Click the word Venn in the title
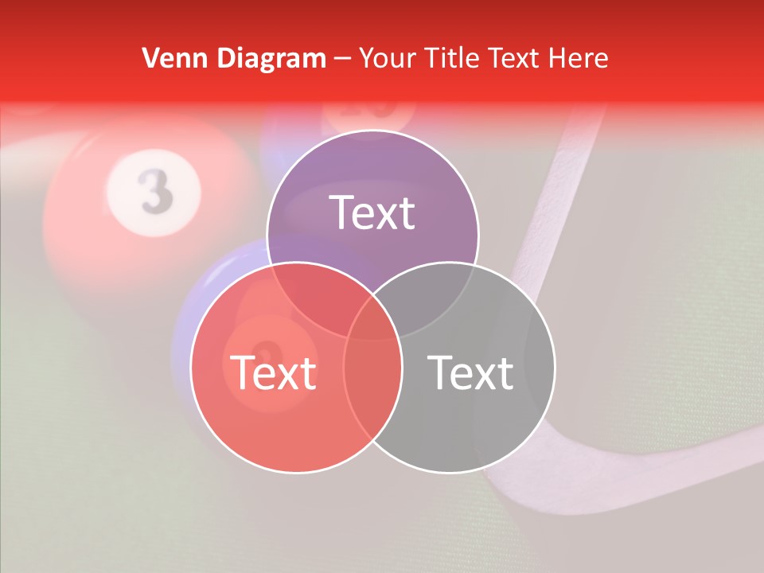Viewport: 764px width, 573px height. [x=169, y=58]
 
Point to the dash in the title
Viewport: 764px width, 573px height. [x=342, y=59]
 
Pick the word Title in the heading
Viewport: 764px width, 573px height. [x=451, y=58]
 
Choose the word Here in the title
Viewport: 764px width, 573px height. [x=582, y=58]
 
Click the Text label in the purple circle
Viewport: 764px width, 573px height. [x=372, y=212]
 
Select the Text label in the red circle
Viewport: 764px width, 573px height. [x=273, y=372]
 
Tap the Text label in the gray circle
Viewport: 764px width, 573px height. [x=471, y=372]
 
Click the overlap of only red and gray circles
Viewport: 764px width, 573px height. [x=372, y=398]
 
